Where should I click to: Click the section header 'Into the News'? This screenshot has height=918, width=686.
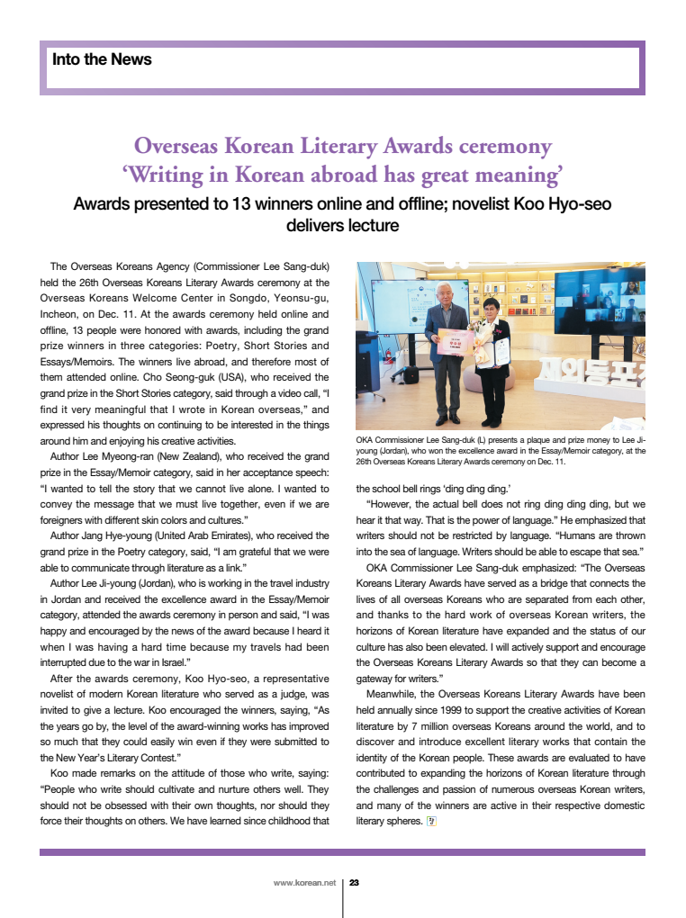point(102,60)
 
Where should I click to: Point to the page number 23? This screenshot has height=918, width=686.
point(354,883)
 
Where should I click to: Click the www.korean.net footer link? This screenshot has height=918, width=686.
point(303,883)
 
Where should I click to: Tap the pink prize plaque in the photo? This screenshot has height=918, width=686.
point(456,343)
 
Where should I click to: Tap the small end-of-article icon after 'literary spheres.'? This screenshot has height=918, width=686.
point(431,821)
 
